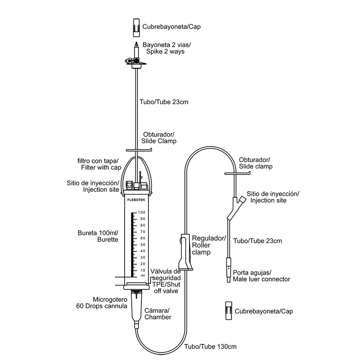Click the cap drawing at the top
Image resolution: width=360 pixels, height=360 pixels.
136,28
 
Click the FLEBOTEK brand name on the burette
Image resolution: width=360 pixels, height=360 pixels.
136,202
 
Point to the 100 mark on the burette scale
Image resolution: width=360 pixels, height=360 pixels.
141,212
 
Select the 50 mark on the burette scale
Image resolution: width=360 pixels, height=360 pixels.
143,244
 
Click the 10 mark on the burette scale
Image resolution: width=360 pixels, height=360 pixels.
143,270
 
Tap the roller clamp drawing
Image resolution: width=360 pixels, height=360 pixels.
185,252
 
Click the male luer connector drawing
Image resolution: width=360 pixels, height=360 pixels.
228,270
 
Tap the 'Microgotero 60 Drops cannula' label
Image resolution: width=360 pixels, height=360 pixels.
102,303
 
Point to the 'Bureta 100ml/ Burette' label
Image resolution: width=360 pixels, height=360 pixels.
98,235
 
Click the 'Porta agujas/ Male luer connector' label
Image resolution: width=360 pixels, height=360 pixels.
261,276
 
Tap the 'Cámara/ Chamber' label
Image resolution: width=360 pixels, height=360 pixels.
158,314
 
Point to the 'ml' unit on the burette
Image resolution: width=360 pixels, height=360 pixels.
143,276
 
